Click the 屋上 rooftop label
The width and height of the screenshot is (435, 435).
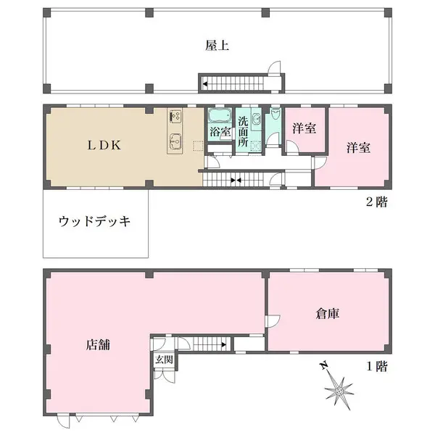coord(217,46)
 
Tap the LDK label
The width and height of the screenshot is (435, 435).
coord(104,146)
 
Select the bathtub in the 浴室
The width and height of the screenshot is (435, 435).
coord(220,115)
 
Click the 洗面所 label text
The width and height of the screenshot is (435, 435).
coord(243,132)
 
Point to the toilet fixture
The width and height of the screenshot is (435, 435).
coord(275,114)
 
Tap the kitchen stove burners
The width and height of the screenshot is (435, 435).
coord(175,115)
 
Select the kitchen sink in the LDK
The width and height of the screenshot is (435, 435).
coord(175,140)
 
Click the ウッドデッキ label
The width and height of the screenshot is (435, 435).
coord(94,222)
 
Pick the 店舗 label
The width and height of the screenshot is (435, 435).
coord(98,345)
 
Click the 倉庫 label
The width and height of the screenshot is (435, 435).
coord(328,314)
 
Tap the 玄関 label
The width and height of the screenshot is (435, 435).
coord(164,360)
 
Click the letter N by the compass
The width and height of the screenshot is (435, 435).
coord(323,365)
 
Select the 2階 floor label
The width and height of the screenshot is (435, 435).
coord(376,202)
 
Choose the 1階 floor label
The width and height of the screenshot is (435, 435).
coord(376,367)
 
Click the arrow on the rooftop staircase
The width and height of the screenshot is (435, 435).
coord(206,84)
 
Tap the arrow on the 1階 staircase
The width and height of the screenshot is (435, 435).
coord(223,345)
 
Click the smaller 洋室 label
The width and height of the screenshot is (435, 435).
coord(304,128)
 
